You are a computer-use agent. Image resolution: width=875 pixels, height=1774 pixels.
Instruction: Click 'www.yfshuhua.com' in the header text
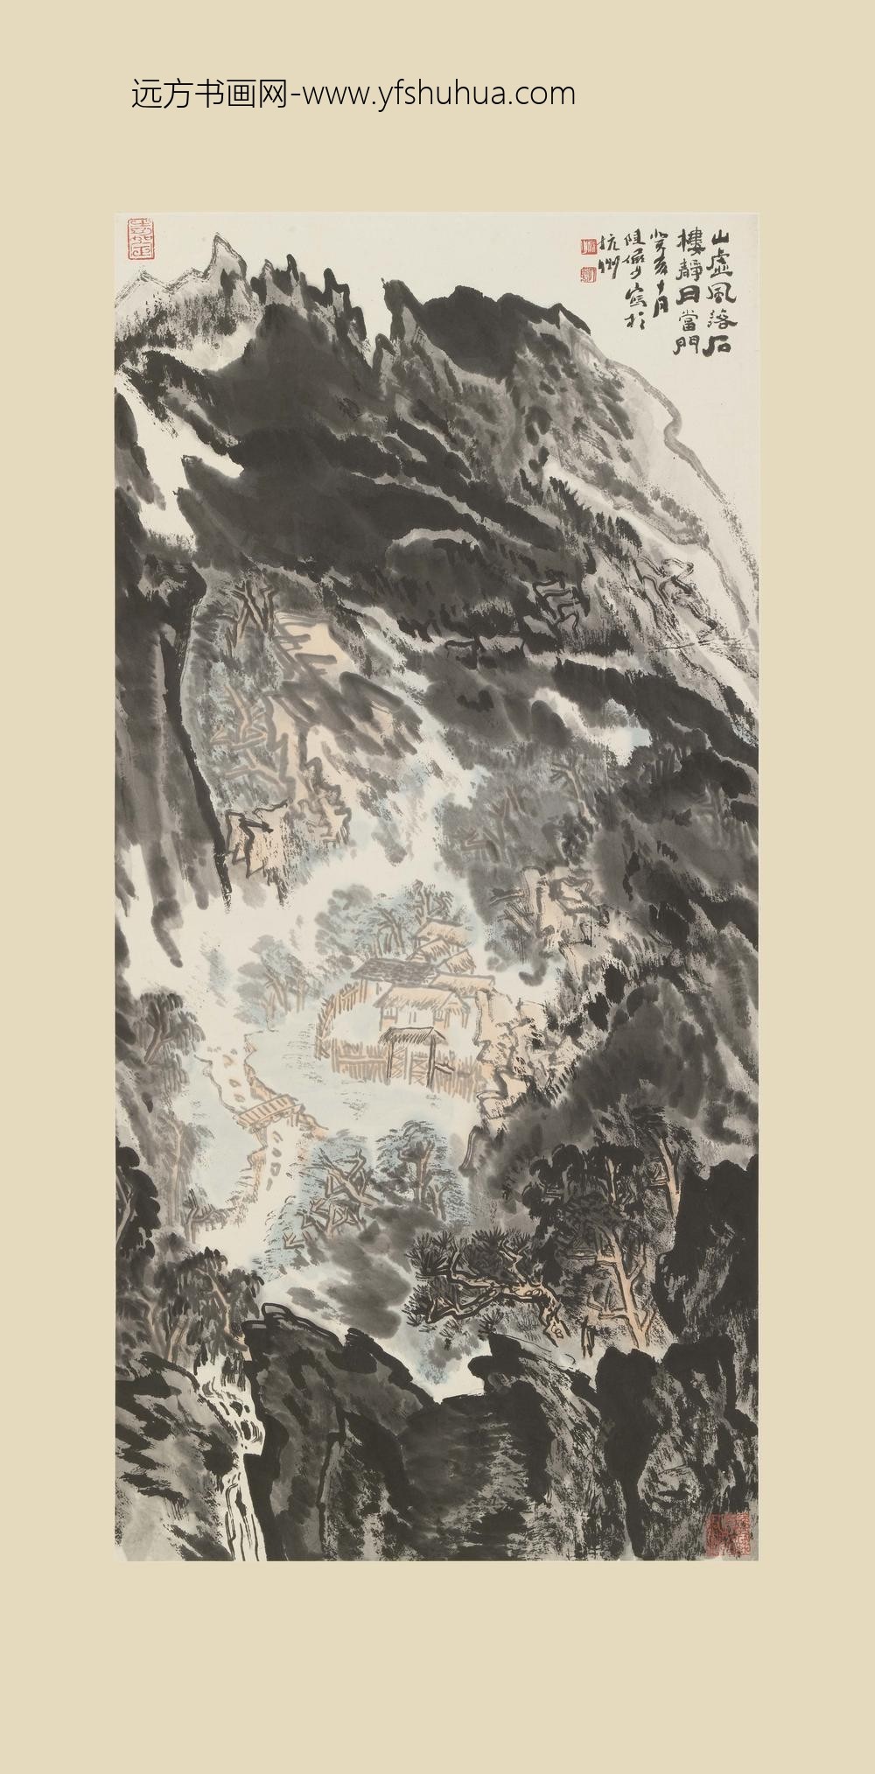437,94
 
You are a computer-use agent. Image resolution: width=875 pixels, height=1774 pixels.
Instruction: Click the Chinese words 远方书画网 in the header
208,94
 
